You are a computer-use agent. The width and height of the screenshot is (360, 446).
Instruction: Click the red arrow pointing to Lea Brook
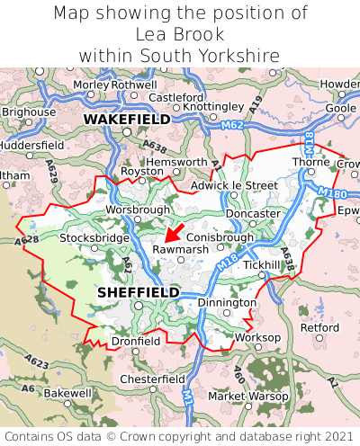pyautogui.click(x=174, y=233)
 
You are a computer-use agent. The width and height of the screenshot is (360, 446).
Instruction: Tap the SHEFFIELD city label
pyautogui.click(x=138, y=293)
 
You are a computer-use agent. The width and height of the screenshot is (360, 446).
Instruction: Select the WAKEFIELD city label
pyautogui.click(x=126, y=119)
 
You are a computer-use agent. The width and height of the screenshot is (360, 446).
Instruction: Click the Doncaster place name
pyautogui.click(x=253, y=214)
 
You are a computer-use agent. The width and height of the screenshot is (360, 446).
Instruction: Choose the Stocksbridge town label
pyautogui.click(x=94, y=238)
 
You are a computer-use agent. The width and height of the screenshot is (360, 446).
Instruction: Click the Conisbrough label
pyautogui.click(x=220, y=237)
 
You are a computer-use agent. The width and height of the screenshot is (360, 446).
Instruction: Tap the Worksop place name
pyautogui.click(x=256, y=338)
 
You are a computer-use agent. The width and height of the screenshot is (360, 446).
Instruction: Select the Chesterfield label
pyautogui.click(x=152, y=379)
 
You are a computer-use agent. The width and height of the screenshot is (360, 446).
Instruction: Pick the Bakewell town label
pyautogui.click(x=67, y=393)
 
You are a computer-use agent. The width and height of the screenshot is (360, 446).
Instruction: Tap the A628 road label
pyautogui.click(x=27, y=241)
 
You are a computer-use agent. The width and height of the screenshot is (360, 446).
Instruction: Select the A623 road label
pyautogui.click(x=37, y=361)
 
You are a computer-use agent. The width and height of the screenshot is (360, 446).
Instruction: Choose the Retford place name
pyautogui.click(x=319, y=328)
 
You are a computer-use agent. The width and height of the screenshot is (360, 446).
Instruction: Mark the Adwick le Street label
pyautogui.click(x=235, y=185)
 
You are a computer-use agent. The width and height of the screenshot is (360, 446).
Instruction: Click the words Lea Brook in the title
pyautogui.click(x=180, y=35)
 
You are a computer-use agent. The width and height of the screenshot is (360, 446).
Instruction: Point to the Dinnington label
pyautogui.click(x=227, y=303)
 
